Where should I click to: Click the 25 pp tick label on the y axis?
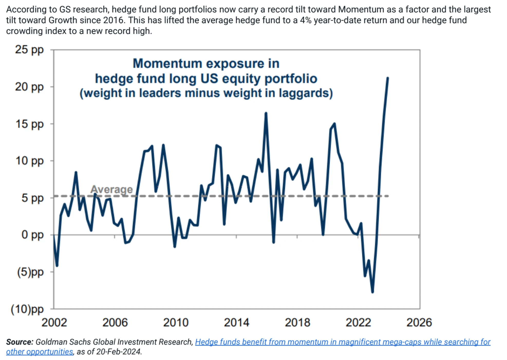click(29, 50)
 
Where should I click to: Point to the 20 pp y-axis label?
click(29, 87)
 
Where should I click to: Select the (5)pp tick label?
click(30, 272)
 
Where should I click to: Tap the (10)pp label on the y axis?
click(27, 309)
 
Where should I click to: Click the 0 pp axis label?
click(32, 235)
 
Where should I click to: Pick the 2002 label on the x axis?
click(54, 323)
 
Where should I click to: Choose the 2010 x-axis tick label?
click(176, 323)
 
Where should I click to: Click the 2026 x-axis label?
click(419, 323)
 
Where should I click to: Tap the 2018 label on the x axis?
click(297, 323)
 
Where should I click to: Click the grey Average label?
click(111, 190)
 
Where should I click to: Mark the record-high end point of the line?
click(388, 78)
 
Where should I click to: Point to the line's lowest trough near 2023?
click(372, 292)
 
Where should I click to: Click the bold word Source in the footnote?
click(20, 342)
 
